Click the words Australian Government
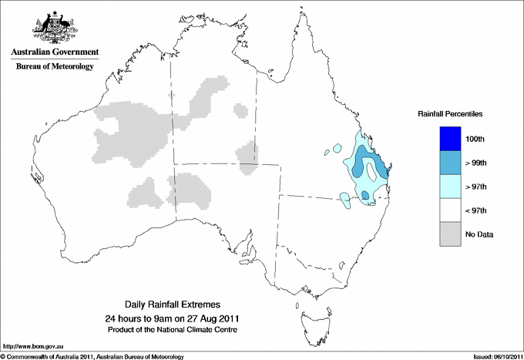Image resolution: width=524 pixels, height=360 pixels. coord(52,52)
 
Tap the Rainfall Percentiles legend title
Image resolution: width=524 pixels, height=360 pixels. coord(450,114)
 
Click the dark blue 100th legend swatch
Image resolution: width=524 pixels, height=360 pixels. coord(451,139)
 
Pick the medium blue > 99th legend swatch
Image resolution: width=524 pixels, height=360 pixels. coord(451,163)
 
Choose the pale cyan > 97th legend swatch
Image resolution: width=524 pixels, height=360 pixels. coord(451,187)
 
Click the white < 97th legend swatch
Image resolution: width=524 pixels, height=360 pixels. coord(451,210)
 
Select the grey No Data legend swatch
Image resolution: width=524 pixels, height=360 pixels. coord(451,234)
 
